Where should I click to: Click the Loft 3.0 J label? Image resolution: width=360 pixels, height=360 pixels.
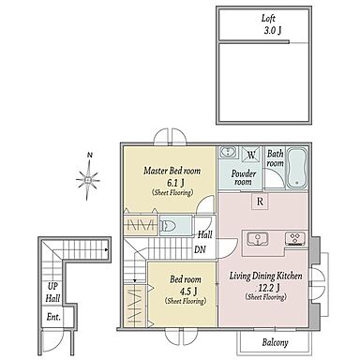tap(271, 24)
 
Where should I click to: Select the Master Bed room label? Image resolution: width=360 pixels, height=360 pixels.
tap(172, 171)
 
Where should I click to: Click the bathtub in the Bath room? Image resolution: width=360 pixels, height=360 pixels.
tap(297, 168)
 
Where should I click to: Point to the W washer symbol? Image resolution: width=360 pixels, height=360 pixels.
tap(251, 154)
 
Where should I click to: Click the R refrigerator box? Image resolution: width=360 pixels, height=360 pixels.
tap(260, 202)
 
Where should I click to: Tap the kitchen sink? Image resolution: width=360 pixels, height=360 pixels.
tap(258, 239)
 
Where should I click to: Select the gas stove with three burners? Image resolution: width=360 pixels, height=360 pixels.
tap(295, 238)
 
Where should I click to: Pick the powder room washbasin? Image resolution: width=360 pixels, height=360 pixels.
tap(228, 152)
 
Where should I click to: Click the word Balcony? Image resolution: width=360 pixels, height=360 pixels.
tap(275, 342)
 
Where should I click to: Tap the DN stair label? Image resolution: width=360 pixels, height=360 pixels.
tap(200, 249)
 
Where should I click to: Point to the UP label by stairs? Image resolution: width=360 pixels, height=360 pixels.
tap(52, 286)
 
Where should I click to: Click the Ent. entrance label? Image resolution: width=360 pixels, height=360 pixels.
tap(53, 317)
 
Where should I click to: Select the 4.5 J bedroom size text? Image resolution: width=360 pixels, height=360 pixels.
tap(187, 291)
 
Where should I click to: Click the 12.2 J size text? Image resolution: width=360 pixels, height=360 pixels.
tap(269, 287)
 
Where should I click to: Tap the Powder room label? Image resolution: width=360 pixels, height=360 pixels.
tap(244, 178)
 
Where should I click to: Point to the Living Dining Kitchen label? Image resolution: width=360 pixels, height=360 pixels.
tap(266, 276)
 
